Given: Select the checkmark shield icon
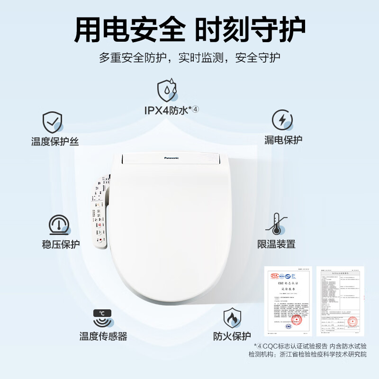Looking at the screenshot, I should [53, 122].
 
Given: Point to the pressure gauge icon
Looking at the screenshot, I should [59, 225].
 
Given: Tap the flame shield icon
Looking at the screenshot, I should [232, 318].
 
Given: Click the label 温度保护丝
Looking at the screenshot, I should [55, 141].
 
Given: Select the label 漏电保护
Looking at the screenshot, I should [283, 140].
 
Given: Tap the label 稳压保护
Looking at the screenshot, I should [61, 244].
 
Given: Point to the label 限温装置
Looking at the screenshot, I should [276, 244].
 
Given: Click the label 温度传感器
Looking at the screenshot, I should [103, 336].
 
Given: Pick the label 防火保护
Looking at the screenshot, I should [232, 336].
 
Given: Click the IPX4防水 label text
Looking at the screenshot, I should [171, 110].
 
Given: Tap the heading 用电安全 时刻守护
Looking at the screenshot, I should [189, 29].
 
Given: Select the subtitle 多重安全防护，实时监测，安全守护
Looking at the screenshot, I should [189, 58].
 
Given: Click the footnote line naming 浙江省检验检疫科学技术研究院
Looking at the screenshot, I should [307, 354].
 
